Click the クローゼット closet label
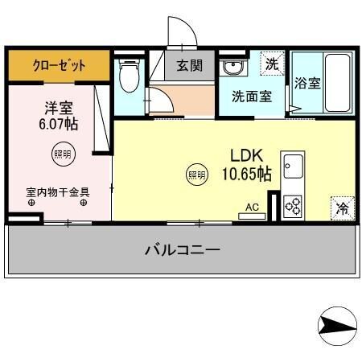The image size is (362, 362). (58, 66)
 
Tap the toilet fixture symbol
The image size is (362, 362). (127, 76)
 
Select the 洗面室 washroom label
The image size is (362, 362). (251, 96)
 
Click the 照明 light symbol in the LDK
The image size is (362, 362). (196, 173)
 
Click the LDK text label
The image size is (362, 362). (246, 155)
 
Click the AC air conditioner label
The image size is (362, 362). (252, 208)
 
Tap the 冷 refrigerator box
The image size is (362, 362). (342, 208)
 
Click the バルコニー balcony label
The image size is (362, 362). (183, 250)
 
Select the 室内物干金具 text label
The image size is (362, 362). (57, 192)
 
